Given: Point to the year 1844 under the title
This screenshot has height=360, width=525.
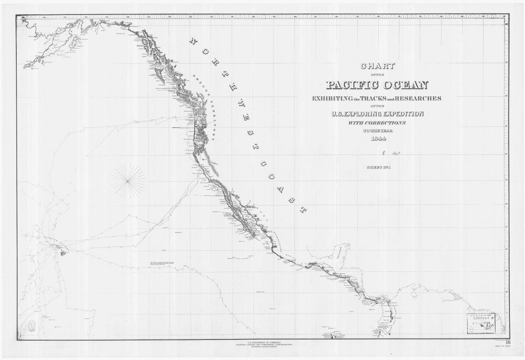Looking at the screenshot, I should pos(377,139).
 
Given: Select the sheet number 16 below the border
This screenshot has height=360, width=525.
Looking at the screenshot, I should pos(507,342).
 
